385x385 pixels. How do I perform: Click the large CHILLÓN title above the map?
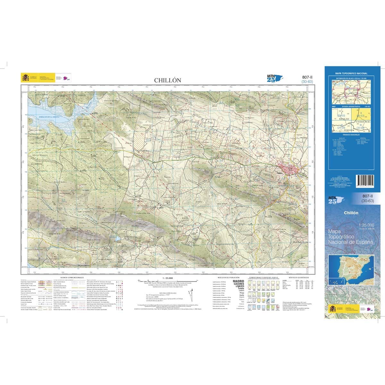pyautogui.click(x=168, y=80)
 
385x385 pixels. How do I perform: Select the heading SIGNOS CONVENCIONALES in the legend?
pyautogui.click(x=72, y=277)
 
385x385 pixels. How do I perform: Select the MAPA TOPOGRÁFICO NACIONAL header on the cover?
pyautogui.click(x=351, y=73)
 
